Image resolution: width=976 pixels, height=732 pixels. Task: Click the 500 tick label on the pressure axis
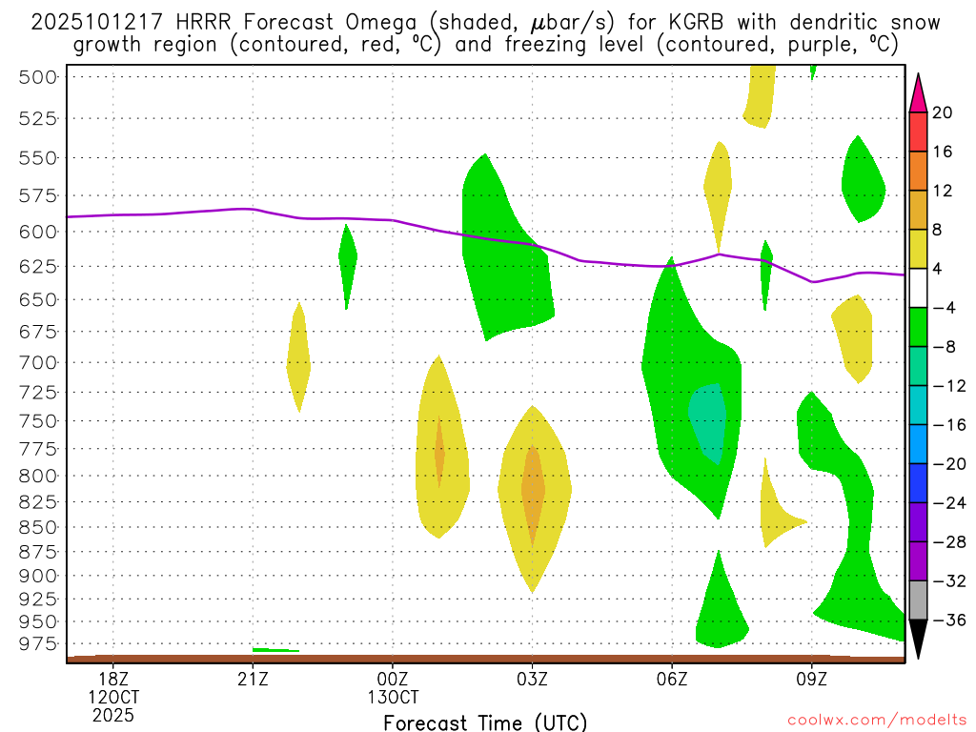click(38, 77)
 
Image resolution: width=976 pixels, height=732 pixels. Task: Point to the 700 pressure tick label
click(38, 362)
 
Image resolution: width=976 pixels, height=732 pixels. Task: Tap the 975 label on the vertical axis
click(38, 644)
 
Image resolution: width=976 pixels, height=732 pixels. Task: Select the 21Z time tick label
click(253, 680)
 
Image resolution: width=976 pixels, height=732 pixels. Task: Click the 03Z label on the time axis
click(532, 680)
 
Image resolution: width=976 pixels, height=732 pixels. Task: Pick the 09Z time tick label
click(812, 680)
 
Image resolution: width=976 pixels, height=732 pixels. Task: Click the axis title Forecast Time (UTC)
click(485, 722)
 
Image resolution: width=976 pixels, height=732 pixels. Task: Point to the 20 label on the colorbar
click(943, 112)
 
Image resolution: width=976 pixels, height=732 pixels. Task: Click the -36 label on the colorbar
click(946, 620)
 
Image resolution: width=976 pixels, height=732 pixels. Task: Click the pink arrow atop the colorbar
click(918, 92)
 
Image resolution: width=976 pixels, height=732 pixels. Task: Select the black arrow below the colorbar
click(918, 639)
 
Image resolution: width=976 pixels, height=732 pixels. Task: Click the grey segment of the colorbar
click(918, 600)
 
